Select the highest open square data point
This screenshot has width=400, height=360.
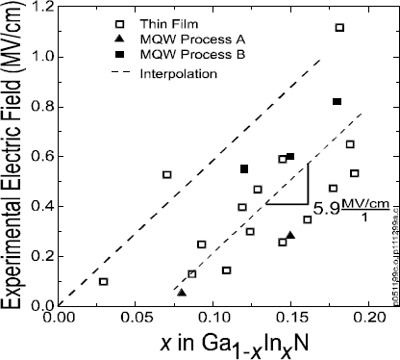339,27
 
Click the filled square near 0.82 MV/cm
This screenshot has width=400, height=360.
337,102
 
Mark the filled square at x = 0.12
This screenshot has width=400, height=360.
244,169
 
